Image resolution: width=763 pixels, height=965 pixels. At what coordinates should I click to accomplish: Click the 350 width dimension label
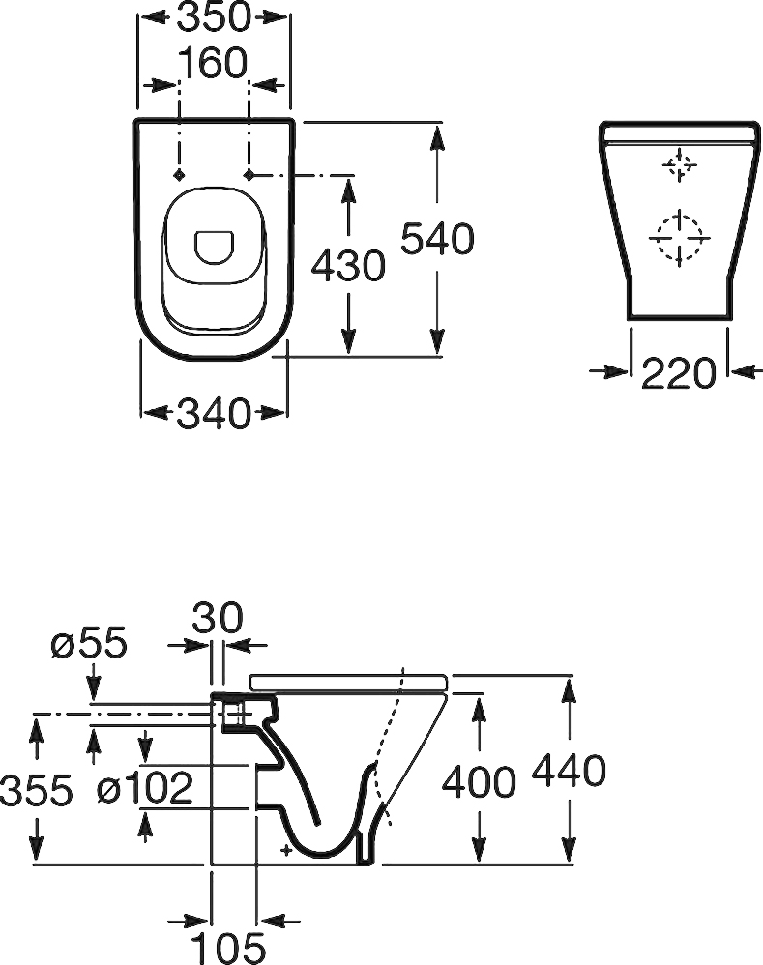tap(214, 16)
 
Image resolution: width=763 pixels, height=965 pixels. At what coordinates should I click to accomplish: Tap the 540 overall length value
tap(437, 238)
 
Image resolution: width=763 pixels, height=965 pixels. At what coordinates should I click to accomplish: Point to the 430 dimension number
tap(348, 266)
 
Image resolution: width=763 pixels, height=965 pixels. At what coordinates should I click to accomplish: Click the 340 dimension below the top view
tap(214, 413)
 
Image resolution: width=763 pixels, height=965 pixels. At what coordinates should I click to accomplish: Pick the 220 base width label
tap(679, 373)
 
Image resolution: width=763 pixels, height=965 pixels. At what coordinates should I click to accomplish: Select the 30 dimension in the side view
tap(218, 619)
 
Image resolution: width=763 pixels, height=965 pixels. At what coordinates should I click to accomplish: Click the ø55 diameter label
tap(89, 643)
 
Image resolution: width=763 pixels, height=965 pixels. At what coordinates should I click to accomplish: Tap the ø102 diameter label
tap(145, 788)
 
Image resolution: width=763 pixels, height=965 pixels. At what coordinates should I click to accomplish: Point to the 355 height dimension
tap(37, 790)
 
